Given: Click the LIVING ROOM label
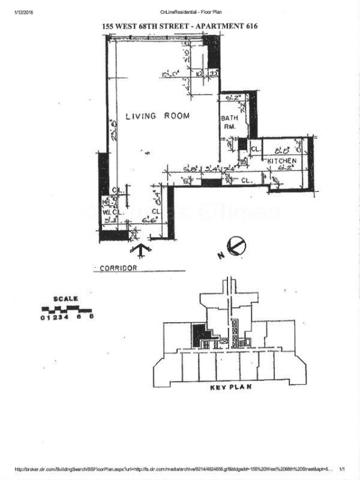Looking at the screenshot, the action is [x=157, y=116].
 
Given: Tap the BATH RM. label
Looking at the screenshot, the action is [x=230, y=122].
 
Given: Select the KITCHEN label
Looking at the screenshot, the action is [x=281, y=162].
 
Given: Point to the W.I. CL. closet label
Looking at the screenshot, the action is [x=113, y=211].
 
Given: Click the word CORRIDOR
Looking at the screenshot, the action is [x=119, y=268].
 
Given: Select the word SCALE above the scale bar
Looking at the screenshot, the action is [x=65, y=299].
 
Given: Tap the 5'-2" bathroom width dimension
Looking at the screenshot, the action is [x=233, y=96].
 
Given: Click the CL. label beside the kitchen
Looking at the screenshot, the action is [x=255, y=149].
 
